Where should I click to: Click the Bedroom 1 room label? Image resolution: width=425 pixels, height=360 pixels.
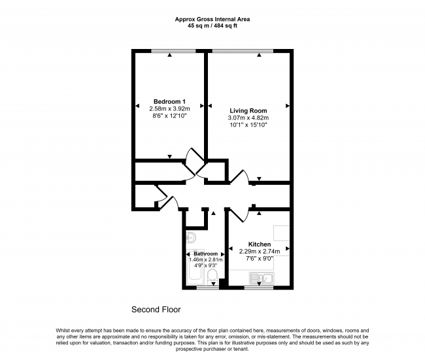click(169, 101)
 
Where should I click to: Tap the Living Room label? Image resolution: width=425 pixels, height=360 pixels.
click(248, 110)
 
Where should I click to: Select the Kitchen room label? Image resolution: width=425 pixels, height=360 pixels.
click(260, 244)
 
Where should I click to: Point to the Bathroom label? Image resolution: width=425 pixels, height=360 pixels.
click(206, 254)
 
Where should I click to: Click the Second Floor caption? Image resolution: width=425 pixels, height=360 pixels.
click(156, 309)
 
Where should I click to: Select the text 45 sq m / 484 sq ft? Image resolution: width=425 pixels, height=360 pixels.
click(212, 26)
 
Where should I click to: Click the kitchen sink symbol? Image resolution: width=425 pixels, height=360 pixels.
click(262, 278)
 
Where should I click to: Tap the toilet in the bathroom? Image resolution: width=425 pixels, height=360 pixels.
click(212, 276)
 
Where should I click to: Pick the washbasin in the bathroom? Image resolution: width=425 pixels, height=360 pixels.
click(192, 238)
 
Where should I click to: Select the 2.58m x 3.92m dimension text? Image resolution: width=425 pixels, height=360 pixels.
click(169, 109)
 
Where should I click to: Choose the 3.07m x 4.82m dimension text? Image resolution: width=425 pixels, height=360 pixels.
click(248, 118)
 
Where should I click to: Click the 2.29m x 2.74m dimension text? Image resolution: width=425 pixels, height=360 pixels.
click(260, 252)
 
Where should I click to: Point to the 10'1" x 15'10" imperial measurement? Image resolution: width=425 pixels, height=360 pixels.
click(248, 125)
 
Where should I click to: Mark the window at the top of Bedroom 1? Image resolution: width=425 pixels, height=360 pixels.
click(173, 51)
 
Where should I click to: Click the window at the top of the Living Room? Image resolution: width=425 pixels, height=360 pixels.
click(243, 51)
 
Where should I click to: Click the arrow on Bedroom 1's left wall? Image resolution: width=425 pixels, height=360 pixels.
click(137, 106)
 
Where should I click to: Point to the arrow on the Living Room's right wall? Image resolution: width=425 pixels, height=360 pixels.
click(288, 106)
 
